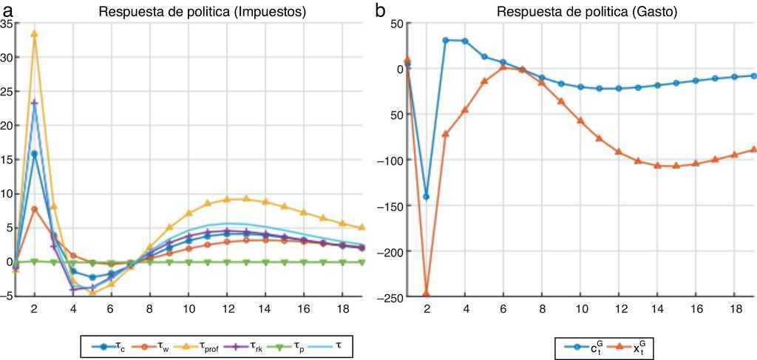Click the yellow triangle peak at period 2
[x=34, y=34]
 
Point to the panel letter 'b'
[x=380, y=10]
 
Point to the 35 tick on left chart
[x=7, y=24]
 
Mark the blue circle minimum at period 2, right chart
[x=427, y=197]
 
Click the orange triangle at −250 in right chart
[x=427, y=294]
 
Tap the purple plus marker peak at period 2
[x=34, y=103]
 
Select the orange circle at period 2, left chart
[x=34, y=209]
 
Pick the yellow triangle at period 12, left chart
[x=227, y=199]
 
